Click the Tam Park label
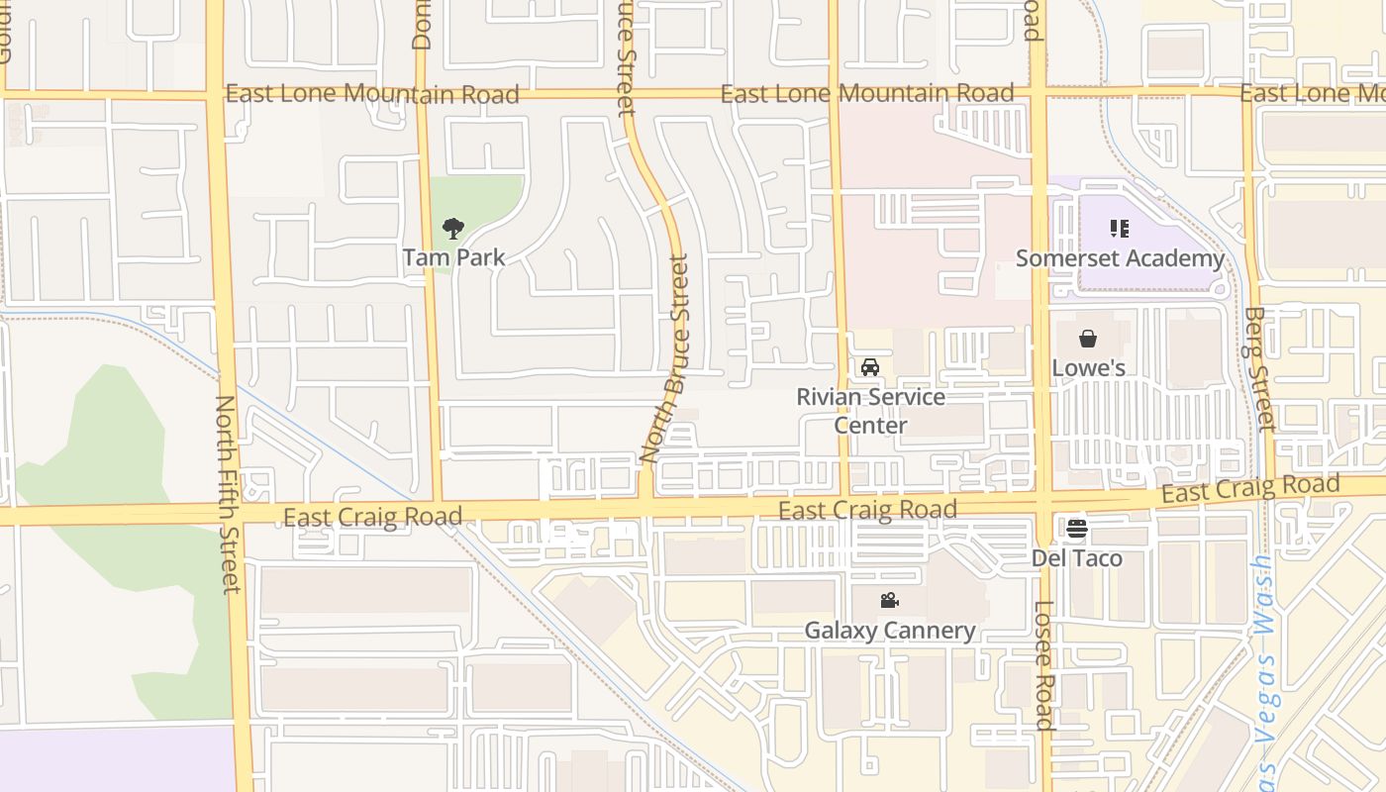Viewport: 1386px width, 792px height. [453, 257]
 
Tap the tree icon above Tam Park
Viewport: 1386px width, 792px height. [453, 230]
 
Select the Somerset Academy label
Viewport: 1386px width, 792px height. [1120, 258]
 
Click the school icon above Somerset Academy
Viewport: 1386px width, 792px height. [1120, 230]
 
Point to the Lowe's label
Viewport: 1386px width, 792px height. [1088, 368]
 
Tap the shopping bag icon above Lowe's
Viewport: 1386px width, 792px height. [1088, 340]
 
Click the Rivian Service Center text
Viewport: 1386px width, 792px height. [870, 411]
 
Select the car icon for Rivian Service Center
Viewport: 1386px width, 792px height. [870, 367]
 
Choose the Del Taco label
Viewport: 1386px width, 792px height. [1077, 558]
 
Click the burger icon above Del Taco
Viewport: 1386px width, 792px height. [1077, 529]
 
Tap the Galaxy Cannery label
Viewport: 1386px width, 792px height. [889, 630]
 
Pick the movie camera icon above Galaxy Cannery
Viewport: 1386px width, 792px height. [889, 600]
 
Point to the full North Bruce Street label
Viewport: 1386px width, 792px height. [665, 358]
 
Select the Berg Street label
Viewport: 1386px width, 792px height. [1257, 368]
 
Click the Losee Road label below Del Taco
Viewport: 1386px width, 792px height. [1044, 664]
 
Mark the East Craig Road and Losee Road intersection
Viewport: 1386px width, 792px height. [1041, 502]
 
